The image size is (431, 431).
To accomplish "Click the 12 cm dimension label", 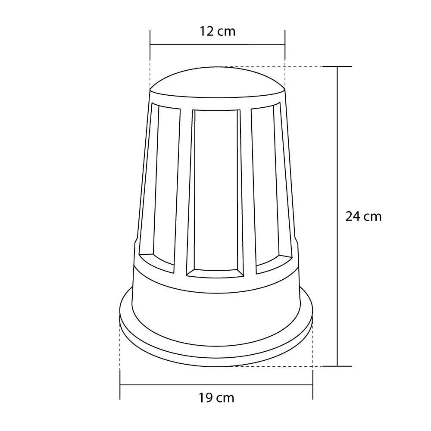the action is point(217,31).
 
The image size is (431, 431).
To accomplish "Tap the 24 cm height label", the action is point(363,217).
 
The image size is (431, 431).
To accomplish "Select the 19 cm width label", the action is point(216,398).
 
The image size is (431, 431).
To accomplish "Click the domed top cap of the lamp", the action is point(217,82).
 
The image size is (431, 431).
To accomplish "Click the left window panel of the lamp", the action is point(160,187).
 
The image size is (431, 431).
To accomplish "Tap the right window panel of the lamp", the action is point(272,187).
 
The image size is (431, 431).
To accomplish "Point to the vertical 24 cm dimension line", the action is point(337,216).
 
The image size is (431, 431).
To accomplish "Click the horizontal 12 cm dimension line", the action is point(217,44).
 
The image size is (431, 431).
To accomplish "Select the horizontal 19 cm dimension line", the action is point(216,385).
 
